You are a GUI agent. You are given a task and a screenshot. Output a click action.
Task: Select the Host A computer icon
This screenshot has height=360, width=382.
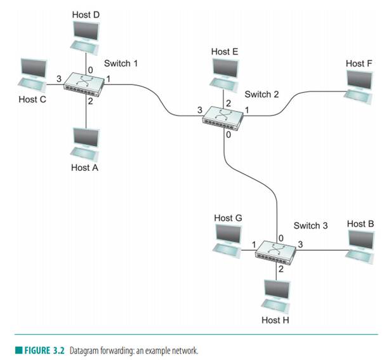[84, 144]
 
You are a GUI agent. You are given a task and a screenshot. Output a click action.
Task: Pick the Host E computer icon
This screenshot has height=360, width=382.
[224, 74]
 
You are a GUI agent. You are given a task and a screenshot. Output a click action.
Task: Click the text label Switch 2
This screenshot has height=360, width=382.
[261, 94]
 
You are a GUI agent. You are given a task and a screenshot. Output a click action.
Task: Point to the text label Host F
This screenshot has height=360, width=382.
[355, 63]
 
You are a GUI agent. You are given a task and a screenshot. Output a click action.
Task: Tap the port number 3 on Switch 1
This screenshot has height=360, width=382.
[58, 78]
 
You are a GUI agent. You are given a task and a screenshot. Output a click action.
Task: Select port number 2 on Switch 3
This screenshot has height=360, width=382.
[279, 269]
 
